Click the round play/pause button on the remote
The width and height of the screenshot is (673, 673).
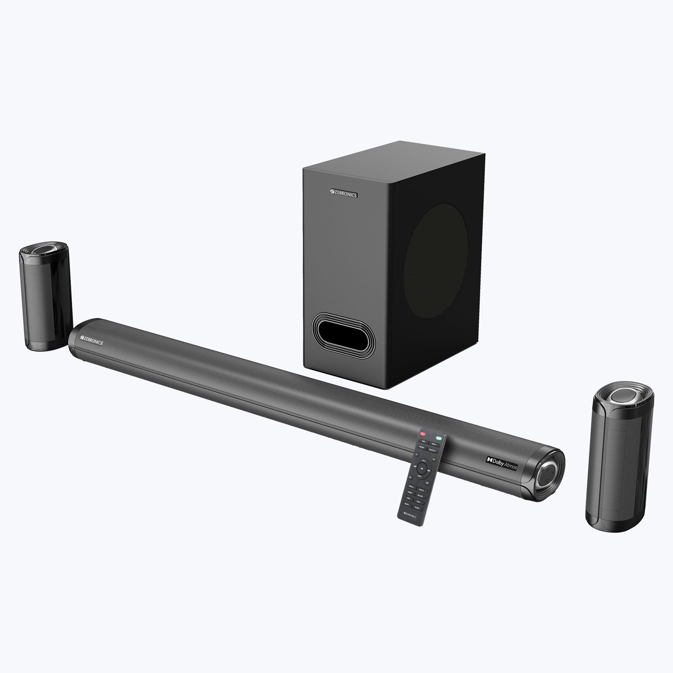pyautogui.click(x=422, y=468)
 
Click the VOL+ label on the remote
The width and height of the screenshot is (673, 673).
pyautogui.click(x=424, y=461)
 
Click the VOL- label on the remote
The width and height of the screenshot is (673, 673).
pyautogui.click(x=420, y=476)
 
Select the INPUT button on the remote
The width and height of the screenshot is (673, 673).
pyautogui.click(x=434, y=445)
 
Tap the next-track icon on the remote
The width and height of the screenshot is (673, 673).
pyautogui.click(x=429, y=471)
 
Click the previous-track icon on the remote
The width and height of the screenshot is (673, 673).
pyautogui.click(x=415, y=467)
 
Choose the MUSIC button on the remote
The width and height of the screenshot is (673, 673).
pyautogui.click(x=412, y=487)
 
